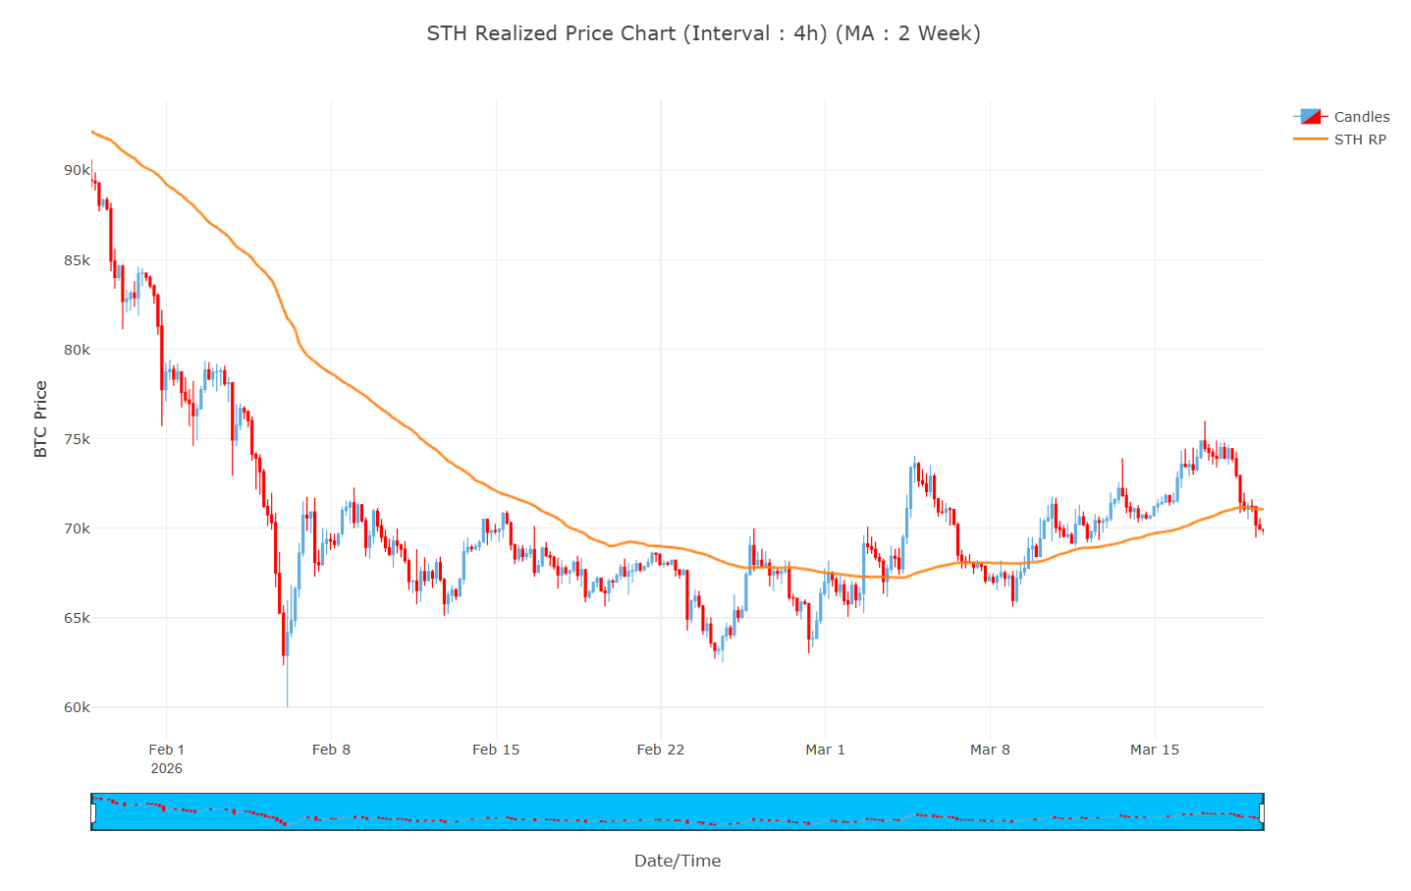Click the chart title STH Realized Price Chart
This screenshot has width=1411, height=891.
[x=703, y=33]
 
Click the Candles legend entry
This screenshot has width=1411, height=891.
[x=1361, y=117]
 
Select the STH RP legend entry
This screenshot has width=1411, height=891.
[x=1359, y=139]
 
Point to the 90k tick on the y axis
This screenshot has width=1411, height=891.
[x=77, y=170]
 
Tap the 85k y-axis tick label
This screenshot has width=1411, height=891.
[x=77, y=260]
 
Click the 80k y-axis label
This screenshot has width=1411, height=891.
[x=77, y=350]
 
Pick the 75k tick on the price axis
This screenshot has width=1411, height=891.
[x=77, y=439]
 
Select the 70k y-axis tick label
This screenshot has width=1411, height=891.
[x=77, y=529]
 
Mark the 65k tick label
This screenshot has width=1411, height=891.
[x=77, y=618]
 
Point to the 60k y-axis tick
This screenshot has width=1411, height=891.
[x=77, y=707]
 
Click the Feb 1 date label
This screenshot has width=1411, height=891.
[x=167, y=750]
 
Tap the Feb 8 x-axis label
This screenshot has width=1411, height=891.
[x=331, y=750]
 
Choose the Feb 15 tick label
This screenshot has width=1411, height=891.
[x=496, y=750]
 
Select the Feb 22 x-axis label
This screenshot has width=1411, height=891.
[x=661, y=750]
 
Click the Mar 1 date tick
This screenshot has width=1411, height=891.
[x=825, y=750]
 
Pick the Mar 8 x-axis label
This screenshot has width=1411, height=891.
[x=990, y=750]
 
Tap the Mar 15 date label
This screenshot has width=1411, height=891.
[x=1155, y=750]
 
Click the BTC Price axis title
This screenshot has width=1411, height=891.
[x=41, y=419]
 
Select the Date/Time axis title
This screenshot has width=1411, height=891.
[x=678, y=862]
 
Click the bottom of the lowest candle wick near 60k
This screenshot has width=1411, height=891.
[x=288, y=705]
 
